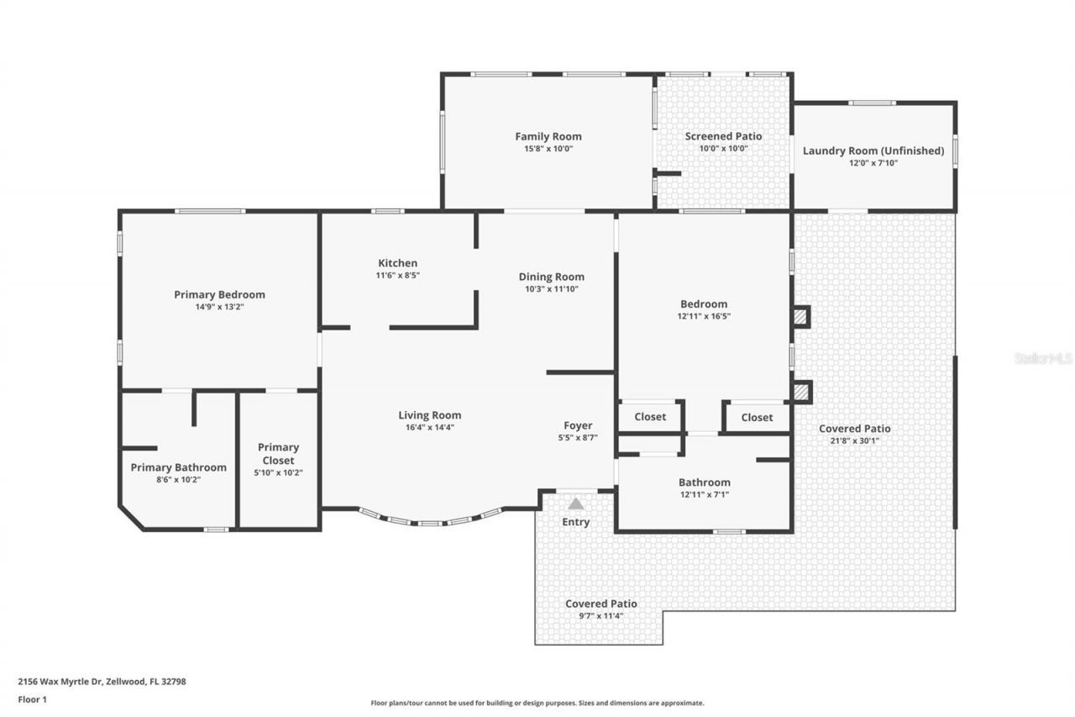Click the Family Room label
click(548, 136)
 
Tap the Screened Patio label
click(723, 136)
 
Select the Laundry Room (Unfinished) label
click(873, 151)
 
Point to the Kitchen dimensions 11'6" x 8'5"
click(397, 275)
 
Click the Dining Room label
click(551, 277)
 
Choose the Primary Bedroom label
click(219, 294)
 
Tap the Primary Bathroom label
click(178, 467)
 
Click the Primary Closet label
click(278, 454)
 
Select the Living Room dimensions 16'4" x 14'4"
click(429, 427)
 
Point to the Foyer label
click(578, 425)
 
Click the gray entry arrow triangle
click(575, 503)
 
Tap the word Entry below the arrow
click(575, 522)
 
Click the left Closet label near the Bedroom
click(650, 417)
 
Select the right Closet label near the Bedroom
click(757, 417)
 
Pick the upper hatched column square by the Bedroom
click(801, 317)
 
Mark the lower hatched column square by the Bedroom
click(801, 392)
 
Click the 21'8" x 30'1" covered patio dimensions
click(854, 440)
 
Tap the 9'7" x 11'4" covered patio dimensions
click(600, 615)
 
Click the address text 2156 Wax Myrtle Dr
click(59, 682)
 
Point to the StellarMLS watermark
click(1043, 358)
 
